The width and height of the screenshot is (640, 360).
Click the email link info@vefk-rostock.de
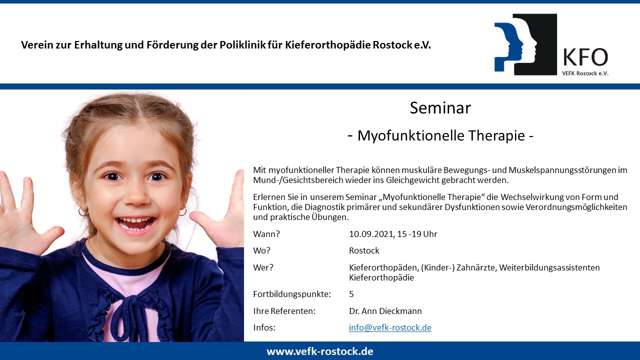pyautogui.click(x=390, y=327)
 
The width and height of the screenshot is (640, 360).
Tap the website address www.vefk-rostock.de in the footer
pyautogui.click(x=319, y=351)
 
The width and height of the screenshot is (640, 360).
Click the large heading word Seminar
pyautogui.click(x=440, y=108)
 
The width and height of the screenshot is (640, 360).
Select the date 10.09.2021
pyautogui.click(x=372, y=234)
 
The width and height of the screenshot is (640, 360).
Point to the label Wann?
pyautogui.click(x=266, y=234)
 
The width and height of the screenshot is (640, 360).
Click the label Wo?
pyautogui.click(x=261, y=250)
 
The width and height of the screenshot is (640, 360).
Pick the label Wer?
pyautogui.click(x=263, y=267)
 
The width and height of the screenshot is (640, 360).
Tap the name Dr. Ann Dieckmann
pyautogui.click(x=385, y=311)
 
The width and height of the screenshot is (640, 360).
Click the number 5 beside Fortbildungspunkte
pyautogui.click(x=351, y=294)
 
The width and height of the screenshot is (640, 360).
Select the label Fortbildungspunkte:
pyautogui.click(x=292, y=294)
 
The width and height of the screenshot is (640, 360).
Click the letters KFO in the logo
pyautogui.click(x=585, y=57)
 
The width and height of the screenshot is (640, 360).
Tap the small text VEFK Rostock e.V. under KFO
pyautogui.click(x=585, y=73)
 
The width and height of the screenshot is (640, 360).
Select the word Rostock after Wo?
pyautogui.click(x=364, y=250)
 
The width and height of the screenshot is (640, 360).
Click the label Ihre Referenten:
pyautogui.click(x=284, y=311)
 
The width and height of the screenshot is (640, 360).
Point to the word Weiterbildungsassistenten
pyautogui.click(x=549, y=267)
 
